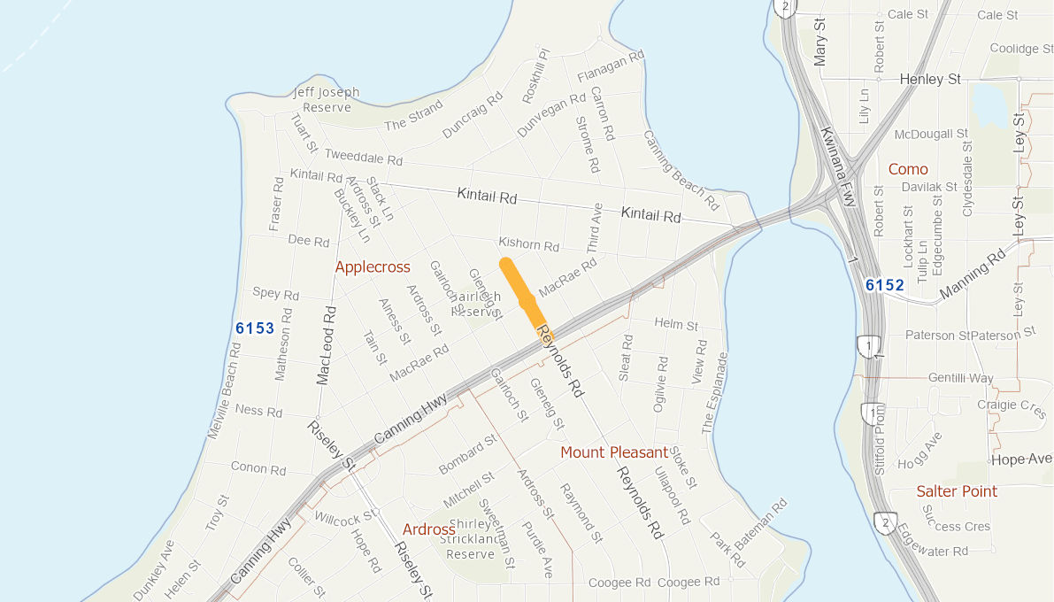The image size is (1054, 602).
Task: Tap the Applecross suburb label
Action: (373, 266)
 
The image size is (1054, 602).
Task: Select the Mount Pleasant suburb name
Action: (614, 452)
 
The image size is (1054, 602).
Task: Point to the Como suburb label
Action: (908, 169)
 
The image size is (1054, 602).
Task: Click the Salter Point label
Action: (957, 491)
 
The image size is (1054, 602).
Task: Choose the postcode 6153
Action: (255, 328)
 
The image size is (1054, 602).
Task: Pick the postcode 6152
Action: (884, 285)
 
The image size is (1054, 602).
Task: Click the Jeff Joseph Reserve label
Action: (327, 99)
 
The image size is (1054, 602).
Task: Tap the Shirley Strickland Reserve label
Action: (469, 539)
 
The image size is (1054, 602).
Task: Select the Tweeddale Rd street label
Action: (364, 158)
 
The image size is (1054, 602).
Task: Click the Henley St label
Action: (930, 80)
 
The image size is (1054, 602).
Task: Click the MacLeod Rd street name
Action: (327, 345)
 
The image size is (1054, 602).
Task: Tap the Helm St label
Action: (676, 326)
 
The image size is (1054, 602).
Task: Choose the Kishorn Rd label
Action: (529, 244)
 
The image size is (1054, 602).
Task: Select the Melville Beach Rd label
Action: (224, 390)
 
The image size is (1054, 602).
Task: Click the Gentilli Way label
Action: (960, 378)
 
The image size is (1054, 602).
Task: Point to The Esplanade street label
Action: (714, 393)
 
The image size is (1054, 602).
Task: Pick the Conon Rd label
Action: (258, 467)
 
